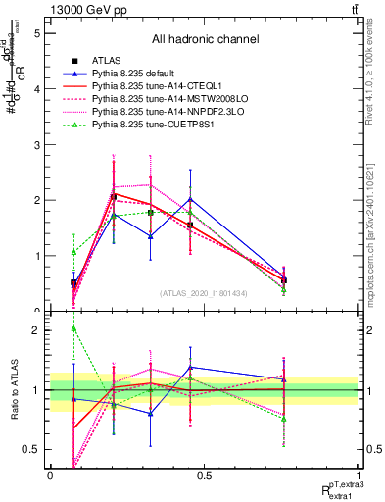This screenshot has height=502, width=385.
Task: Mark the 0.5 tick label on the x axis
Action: tap(204, 476)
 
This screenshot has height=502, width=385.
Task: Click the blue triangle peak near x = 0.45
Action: tap(190, 199)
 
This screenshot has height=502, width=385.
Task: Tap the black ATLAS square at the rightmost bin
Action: tap(283, 280)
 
